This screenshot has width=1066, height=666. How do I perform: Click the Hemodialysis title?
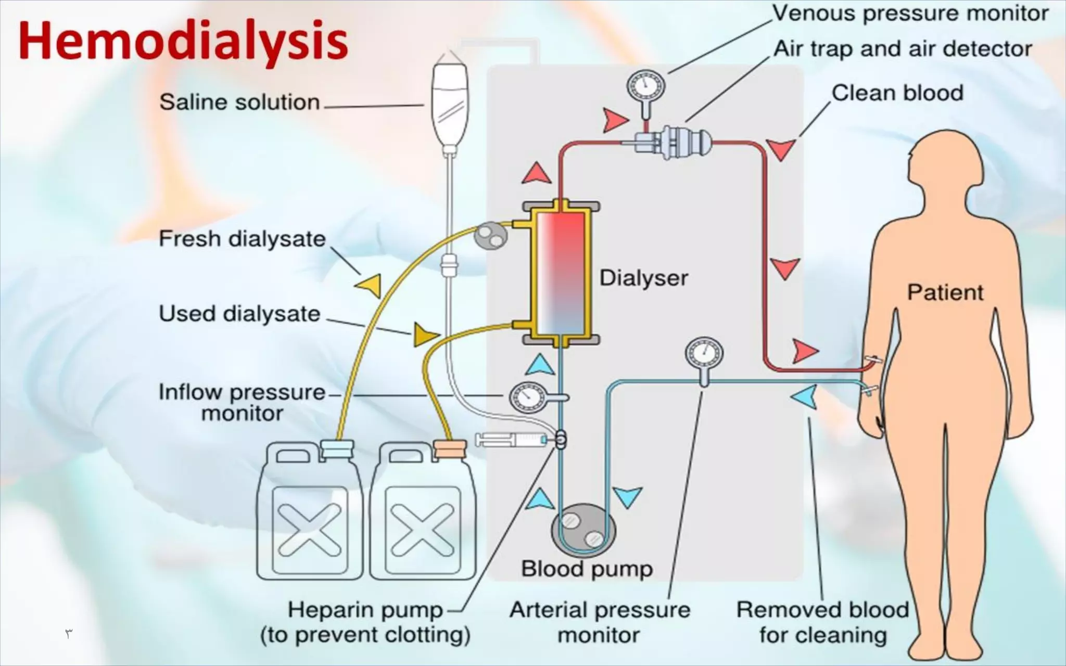(183, 41)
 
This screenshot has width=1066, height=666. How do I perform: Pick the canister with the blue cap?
(310, 513)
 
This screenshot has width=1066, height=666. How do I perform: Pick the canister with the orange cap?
(423, 513)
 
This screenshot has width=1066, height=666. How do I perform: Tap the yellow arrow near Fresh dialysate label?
(369, 285)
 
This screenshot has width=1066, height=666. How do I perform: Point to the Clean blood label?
(897, 93)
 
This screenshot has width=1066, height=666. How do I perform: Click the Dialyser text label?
(643, 278)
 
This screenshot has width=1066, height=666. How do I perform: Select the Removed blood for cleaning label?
(822, 622)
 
